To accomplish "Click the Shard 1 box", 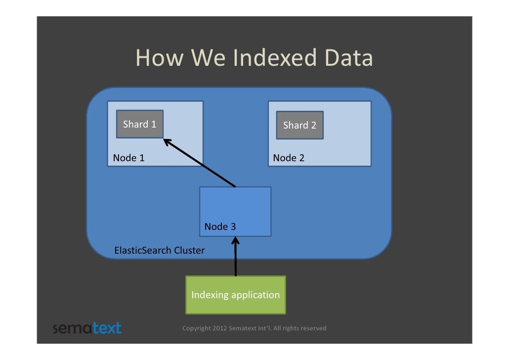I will point(139,125).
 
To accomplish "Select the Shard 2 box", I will point(299,126).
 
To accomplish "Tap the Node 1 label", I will point(129,158).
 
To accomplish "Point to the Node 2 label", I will point(289,158).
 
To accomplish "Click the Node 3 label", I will point(220,227).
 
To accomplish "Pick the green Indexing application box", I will point(235,295).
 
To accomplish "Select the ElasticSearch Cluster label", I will point(159,251).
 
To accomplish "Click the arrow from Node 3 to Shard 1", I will point(200,164).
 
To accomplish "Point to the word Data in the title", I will point(348,58).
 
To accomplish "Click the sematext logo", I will point(86,328).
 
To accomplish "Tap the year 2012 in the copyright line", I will point(220,328).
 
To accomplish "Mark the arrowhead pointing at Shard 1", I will point(167,142).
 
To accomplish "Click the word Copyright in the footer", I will point(196,328).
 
